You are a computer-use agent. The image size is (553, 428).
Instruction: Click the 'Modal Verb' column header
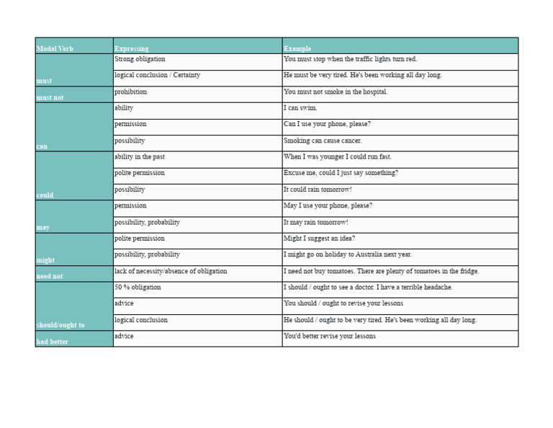pos(55,49)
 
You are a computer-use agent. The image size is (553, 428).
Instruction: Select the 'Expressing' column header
pos(132,49)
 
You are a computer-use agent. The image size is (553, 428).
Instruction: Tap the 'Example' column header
pos(297,49)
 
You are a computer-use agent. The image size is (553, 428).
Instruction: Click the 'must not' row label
pos(50,97)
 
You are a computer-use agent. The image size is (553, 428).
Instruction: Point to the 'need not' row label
pos(50,276)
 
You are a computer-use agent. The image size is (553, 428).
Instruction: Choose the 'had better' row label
pos(53,342)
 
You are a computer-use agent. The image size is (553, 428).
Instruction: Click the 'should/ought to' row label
pos(60,325)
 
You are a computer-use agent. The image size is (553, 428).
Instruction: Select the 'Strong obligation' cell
pos(140,59)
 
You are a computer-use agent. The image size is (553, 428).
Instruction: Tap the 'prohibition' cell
pos(130,92)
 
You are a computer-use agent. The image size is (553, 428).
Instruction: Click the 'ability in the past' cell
pos(140,157)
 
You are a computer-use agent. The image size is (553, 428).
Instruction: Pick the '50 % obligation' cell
pos(138,287)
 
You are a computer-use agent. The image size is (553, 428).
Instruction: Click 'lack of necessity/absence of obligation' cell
pos(171,272)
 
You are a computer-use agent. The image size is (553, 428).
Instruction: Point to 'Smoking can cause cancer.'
pos(323,141)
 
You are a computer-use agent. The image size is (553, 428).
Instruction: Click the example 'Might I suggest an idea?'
pos(319,238)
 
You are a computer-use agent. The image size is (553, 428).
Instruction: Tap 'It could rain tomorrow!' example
pos(318,190)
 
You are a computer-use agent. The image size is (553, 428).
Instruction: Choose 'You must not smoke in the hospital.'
pos(336,92)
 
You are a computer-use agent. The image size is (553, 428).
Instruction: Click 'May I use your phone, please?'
pos(328,206)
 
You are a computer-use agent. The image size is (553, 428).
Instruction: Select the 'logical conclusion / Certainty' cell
pos(157,75)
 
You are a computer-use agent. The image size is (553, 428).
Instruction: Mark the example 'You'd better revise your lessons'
pos(330,336)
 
